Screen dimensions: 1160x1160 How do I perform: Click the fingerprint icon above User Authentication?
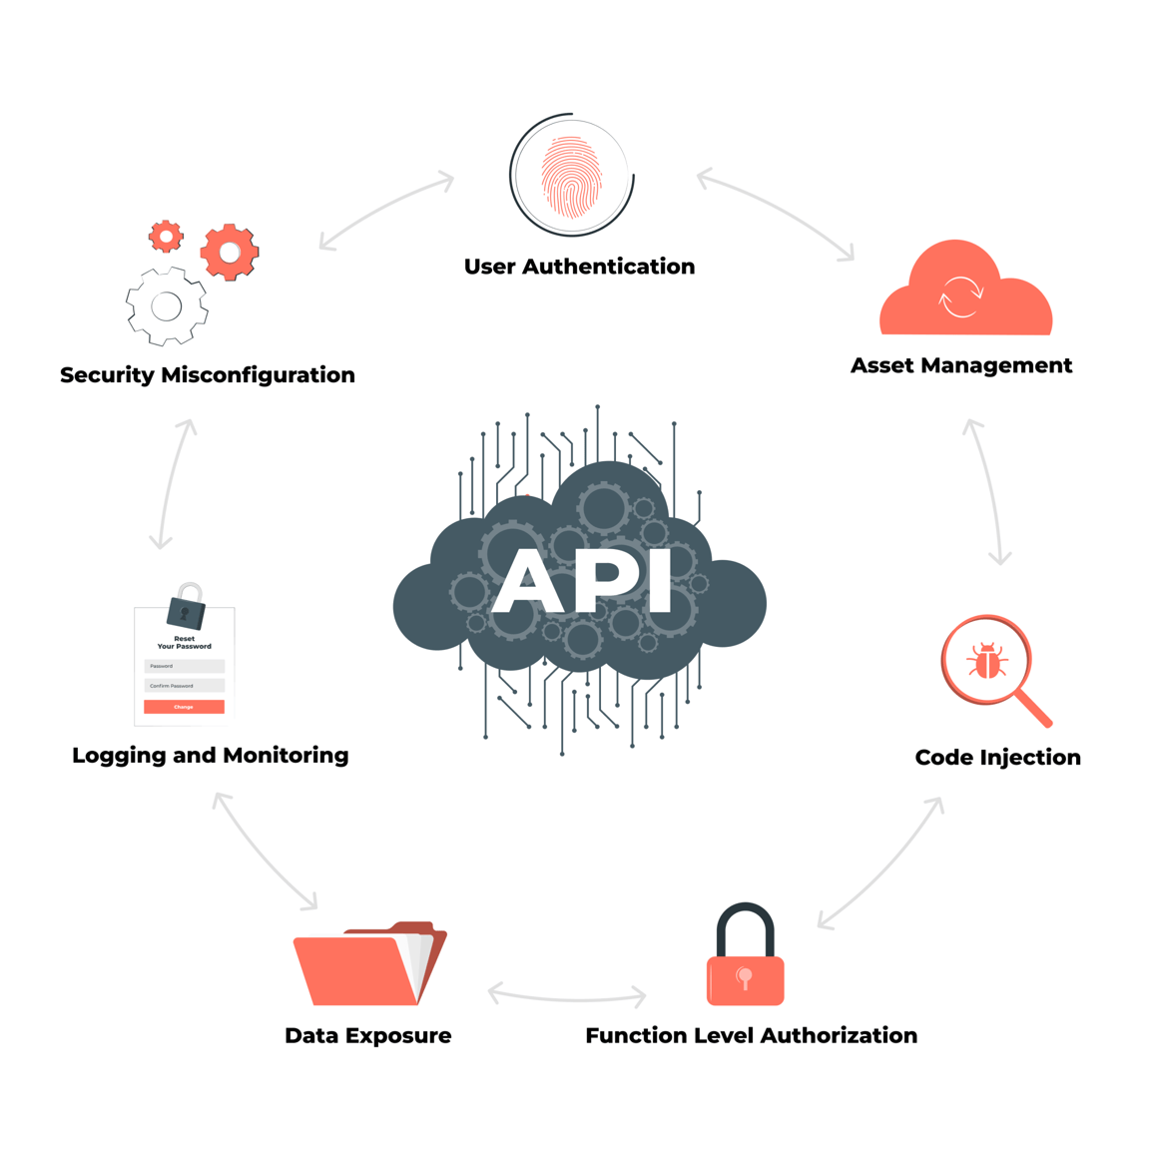[571, 177]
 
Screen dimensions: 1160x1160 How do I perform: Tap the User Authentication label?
[579, 267]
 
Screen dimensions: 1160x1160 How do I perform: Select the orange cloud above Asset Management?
[964, 292]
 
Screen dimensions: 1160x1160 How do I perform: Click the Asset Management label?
[960, 365]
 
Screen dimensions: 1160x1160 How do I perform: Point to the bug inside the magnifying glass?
[986, 661]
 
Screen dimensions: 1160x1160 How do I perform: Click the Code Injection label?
[997, 757]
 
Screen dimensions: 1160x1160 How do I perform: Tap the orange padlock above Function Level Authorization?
[745, 961]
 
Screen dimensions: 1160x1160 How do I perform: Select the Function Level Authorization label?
[751, 1035]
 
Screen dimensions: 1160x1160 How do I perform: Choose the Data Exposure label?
[367, 1035]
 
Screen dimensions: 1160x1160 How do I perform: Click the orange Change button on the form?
[184, 707]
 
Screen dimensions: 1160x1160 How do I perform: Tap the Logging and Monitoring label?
[210, 755]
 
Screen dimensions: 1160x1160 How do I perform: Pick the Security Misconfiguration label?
[207, 374]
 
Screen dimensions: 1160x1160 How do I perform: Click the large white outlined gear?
[167, 306]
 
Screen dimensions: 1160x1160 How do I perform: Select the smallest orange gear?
[166, 237]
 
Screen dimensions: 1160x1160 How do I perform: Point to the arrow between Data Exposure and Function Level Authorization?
[567, 995]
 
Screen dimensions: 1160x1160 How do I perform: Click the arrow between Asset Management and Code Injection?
[988, 491]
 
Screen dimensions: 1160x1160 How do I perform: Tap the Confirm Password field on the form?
[184, 686]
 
